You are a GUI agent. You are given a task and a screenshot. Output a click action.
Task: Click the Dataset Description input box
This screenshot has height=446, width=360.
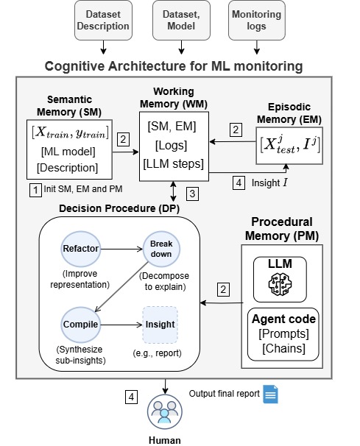(103, 20)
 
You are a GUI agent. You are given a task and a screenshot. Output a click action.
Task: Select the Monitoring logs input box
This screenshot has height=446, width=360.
(257, 20)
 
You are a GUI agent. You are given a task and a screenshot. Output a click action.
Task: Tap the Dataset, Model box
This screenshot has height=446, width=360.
(181, 20)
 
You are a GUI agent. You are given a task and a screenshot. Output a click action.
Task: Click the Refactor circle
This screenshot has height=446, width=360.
(81, 249)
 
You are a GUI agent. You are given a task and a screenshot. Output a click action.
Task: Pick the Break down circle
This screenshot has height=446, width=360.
(161, 249)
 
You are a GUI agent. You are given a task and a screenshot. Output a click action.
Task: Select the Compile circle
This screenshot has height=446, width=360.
(81, 325)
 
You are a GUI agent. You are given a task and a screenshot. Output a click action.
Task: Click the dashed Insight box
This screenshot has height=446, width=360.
(160, 325)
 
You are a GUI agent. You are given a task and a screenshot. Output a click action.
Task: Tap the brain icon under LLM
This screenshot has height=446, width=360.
(280, 284)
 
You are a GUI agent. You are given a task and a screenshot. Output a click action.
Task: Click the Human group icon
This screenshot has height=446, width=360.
(164, 411)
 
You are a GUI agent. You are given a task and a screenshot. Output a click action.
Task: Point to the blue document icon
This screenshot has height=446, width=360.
(270, 394)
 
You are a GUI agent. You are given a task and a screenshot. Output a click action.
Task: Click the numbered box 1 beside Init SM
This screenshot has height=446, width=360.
(35, 190)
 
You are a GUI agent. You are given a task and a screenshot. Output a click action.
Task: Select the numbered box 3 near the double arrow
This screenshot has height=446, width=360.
(192, 194)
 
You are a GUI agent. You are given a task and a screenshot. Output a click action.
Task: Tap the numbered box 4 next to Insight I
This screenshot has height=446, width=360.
(239, 183)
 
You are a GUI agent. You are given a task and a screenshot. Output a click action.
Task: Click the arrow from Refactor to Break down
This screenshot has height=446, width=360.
(121, 249)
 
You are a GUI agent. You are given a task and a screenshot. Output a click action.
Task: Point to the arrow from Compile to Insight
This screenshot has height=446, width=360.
(121, 325)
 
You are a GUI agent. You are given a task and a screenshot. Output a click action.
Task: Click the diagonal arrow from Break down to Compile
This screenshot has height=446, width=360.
(121, 287)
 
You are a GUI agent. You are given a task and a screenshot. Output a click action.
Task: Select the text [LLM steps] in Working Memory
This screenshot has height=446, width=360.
(174, 164)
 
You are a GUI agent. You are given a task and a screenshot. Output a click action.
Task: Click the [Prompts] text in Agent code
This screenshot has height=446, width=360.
(283, 333)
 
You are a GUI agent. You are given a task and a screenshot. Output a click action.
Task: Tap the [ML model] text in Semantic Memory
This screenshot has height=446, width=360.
(68, 152)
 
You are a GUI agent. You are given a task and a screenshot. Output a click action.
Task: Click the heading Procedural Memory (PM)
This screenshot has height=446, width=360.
(282, 229)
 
